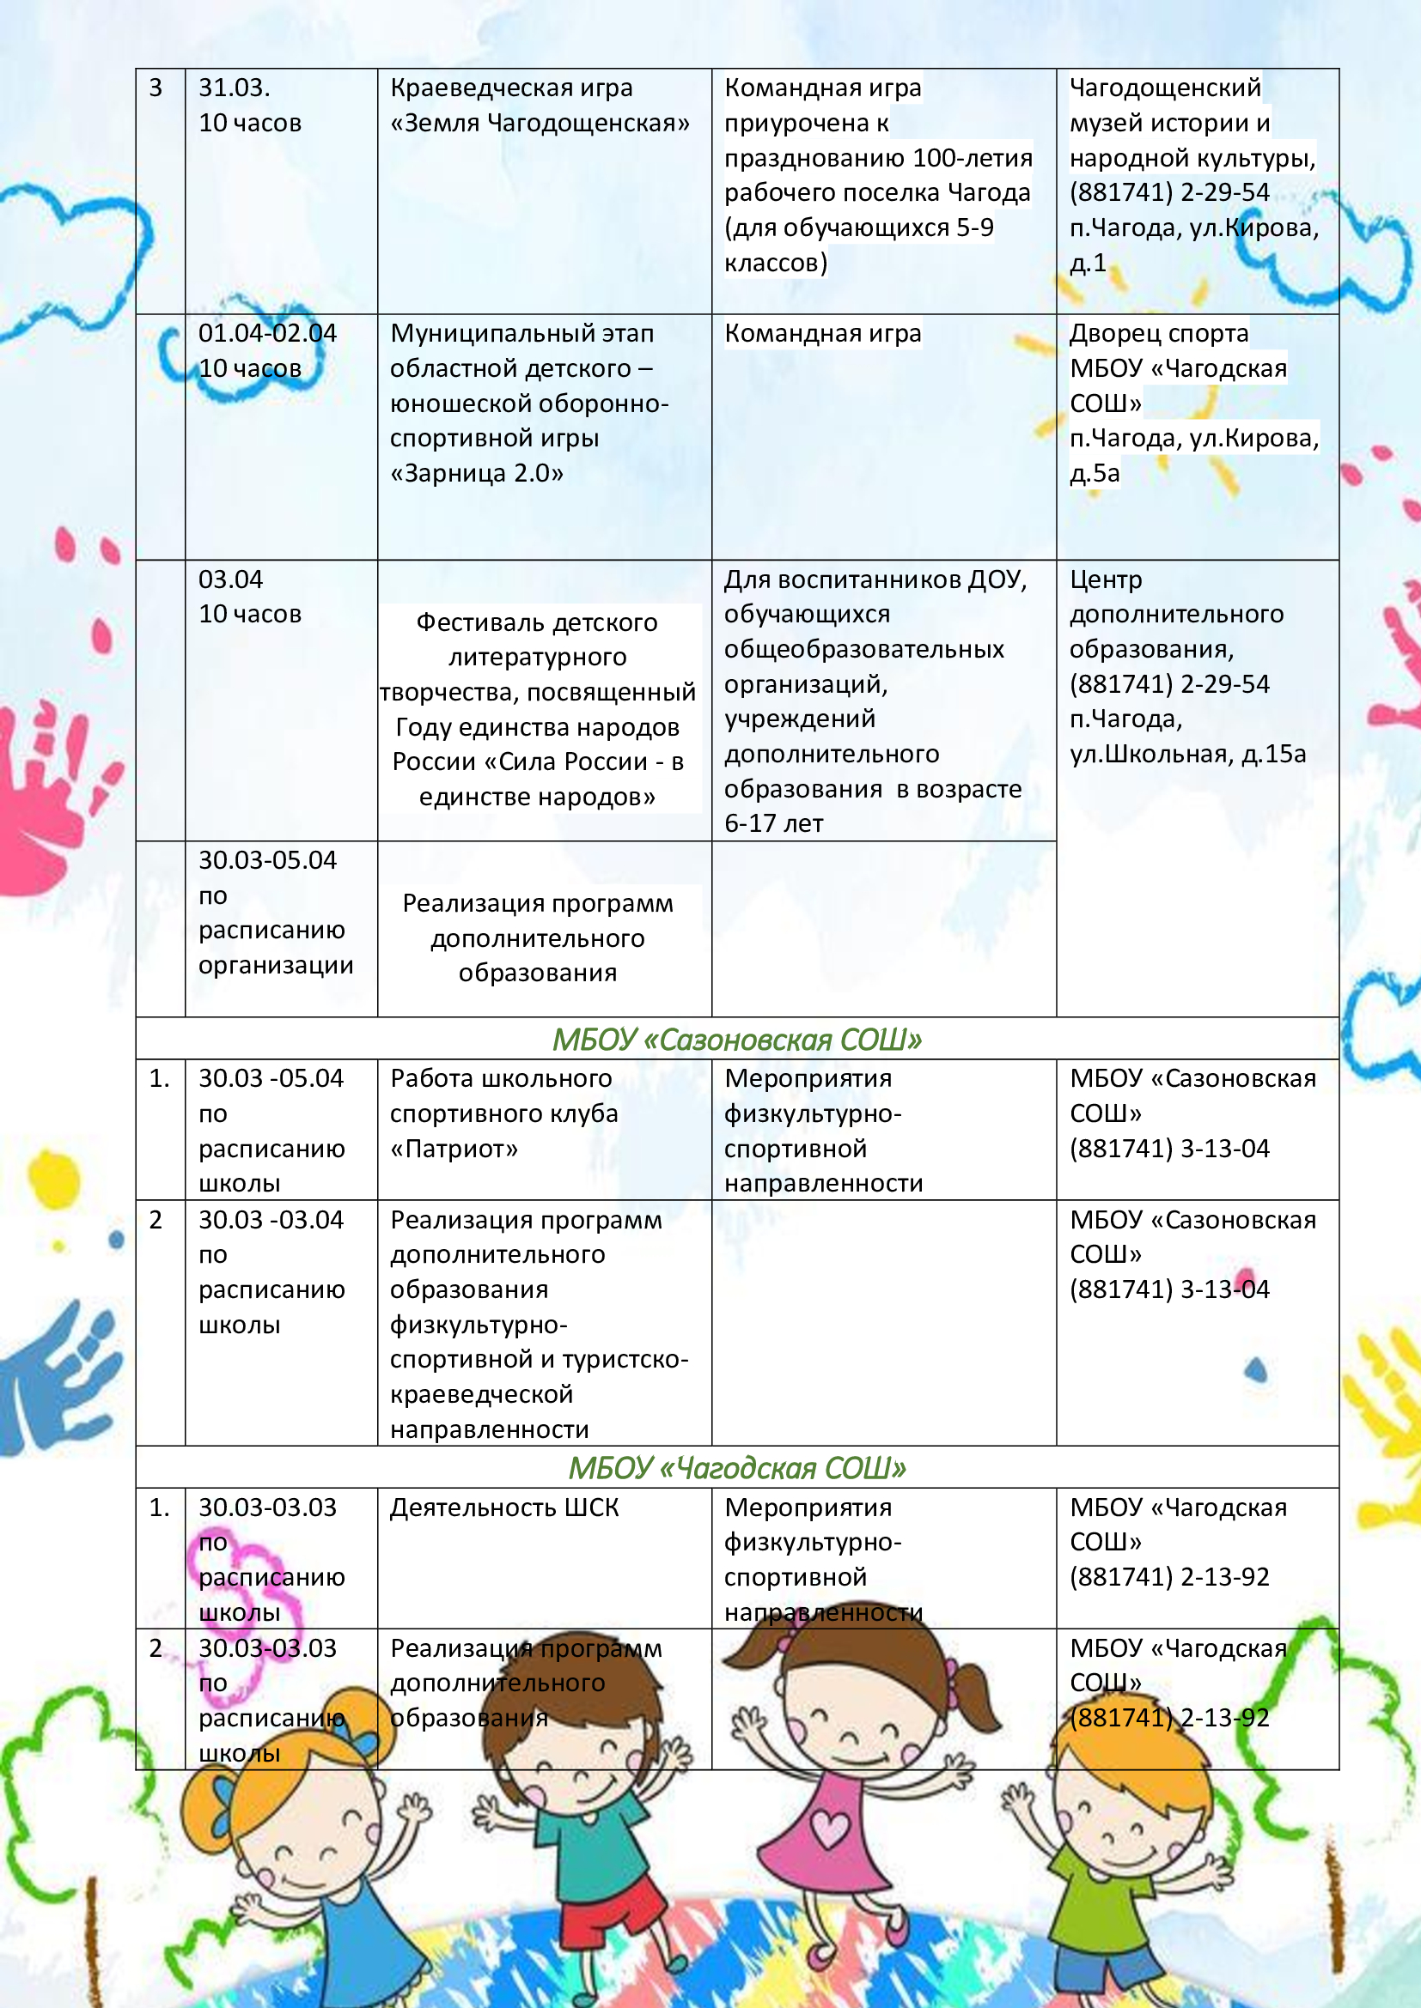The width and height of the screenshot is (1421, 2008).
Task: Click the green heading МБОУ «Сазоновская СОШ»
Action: [737, 1039]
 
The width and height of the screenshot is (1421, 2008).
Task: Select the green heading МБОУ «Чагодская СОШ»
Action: [737, 1468]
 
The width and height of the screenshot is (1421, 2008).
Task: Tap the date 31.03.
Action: [234, 88]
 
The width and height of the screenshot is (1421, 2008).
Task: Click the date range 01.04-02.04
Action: [267, 333]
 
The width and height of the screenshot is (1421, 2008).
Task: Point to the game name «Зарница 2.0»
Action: [477, 473]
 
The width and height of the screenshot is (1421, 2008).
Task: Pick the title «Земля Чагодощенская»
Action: [540, 123]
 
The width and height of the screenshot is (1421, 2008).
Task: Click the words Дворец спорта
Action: [1158, 333]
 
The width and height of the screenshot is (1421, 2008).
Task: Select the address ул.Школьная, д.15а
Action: [1187, 754]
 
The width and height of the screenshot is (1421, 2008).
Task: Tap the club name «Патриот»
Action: [454, 1149]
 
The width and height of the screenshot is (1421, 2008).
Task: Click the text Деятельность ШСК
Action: [504, 1508]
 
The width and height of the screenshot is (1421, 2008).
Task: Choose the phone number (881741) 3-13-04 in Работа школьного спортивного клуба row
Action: [1169, 1149]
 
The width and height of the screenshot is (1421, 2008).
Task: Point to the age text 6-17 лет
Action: [773, 823]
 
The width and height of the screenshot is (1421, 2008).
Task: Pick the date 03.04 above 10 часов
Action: [230, 579]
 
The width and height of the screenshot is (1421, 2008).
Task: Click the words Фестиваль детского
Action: [536, 622]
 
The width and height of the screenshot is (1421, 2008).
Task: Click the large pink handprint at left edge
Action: [40, 787]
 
